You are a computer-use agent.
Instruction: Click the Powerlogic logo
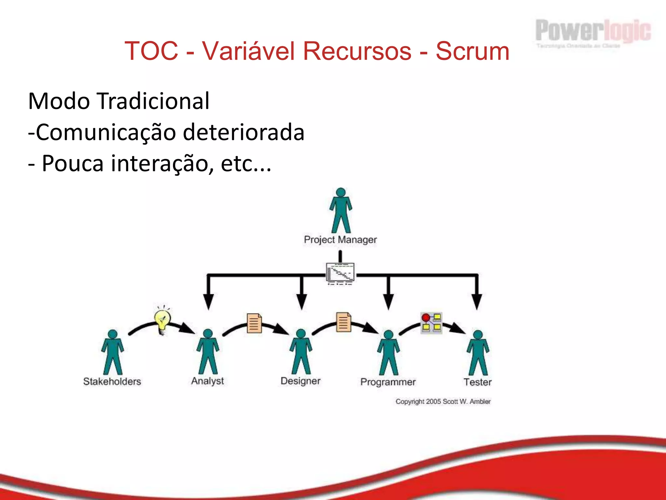tap(593, 33)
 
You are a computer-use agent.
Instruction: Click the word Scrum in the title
tap(472, 51)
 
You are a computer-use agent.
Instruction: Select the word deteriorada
tap(244, 132)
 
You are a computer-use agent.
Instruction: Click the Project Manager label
tap(340, 240)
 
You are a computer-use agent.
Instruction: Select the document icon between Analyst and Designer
tap(254, 323)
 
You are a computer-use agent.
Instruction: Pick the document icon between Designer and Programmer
tap(344, 322)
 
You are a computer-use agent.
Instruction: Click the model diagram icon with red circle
tap(431, 323)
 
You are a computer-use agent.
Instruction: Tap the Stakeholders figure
tap(113, 353)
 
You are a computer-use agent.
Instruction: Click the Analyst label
tap(207, 381)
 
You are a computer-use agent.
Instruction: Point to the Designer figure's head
tap(301, 334)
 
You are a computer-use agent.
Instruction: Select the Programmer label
tap(388, 382)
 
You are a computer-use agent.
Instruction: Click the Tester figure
tap(478, 354)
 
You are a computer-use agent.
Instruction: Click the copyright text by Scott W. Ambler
tap(443, 402)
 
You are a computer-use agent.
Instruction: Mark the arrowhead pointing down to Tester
tap(477, 302)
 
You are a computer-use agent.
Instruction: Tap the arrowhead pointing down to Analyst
tap(208, 302)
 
